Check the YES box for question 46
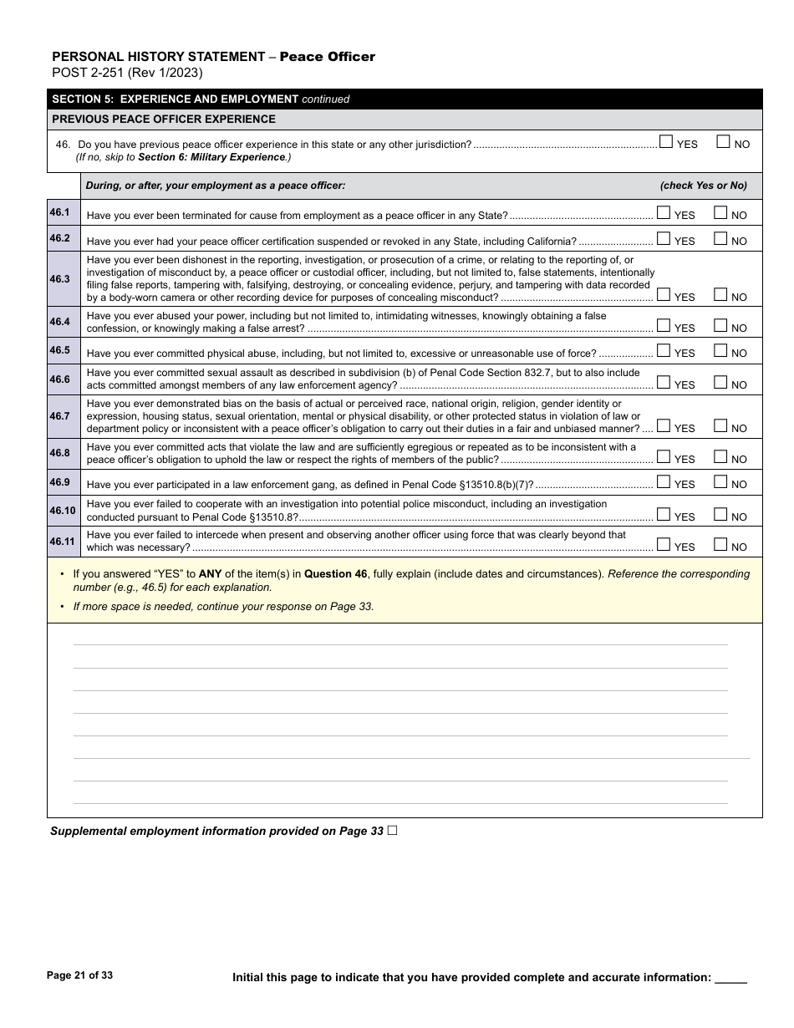pyautogui.click(x=666, y=142)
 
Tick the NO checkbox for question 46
pyautogui.click(x=724, y=142)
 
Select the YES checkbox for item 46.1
pyautogui.click(x=664, y=213)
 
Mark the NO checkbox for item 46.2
pyautogui.click(x=720, y=238)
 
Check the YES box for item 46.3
pyautogui.click(x=664, y=294)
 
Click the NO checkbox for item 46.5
pyautogui.click(x=720, y=351)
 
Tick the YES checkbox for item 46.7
pyautogui.click(x=664, y=426)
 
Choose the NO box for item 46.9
pyautogui.click(x=720, y=482)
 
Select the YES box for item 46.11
pyautogui.click(x=664, y=545)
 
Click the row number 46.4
pyautogui.click(x=60, y=322)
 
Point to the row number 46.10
pyautogui.click(x=63, y=511)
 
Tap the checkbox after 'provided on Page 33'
pyautogui.click(x=392, y=831)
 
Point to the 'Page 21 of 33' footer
pyautogui.click(x=79, y=975)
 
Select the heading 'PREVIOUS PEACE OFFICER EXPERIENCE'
pyautogui.click(x=164, y=120)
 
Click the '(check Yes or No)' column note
pyautogui.click(x=703, y=186)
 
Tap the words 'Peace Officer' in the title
pyautogui.click(x=327, y=57)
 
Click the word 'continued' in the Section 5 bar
pyautogui.click(x=325, y=99)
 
